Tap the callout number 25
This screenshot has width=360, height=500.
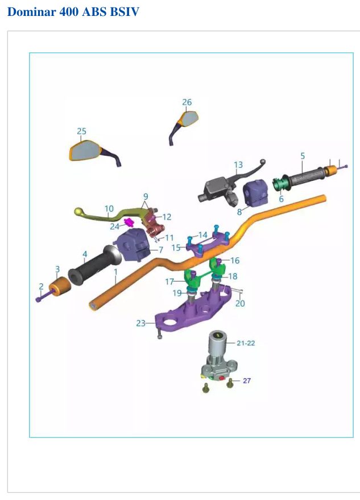coord(81,131)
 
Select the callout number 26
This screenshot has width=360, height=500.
coord(187,102)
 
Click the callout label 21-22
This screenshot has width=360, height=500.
coord(246,343)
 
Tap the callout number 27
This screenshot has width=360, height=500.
coord(247,381)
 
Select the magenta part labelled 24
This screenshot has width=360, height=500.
coord(129,222)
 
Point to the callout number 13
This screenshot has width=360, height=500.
coord(238,165)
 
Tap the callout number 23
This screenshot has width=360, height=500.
coord(140,323)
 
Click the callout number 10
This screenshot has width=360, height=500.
coord(109,209)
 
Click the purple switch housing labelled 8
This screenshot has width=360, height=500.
coord(255,192)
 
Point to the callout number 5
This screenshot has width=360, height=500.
coord(303,156)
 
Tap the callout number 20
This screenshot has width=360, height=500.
coord(240,303)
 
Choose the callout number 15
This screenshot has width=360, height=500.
coord(176,247)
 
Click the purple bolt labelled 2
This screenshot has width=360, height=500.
coord(44,295)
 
